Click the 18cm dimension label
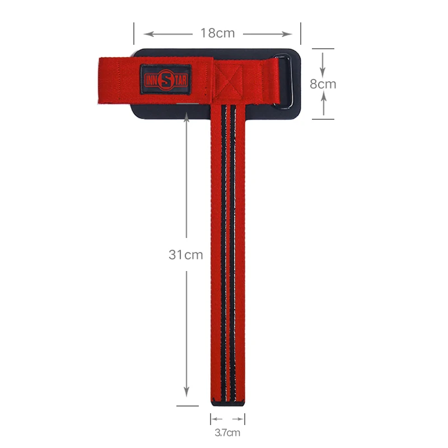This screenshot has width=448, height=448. (x=218, y=33)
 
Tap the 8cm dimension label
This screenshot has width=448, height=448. (x=323, y=84)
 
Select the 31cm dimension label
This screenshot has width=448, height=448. (x=186, y=255)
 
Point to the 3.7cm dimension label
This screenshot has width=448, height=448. (x=227, y=432)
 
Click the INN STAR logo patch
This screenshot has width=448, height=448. (x=166, y=80)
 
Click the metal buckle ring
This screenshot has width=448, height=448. (x=284, y=81)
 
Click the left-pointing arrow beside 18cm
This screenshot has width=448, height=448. (x=168, y=34)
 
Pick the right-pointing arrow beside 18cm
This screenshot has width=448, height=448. (x=268, y=34)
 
